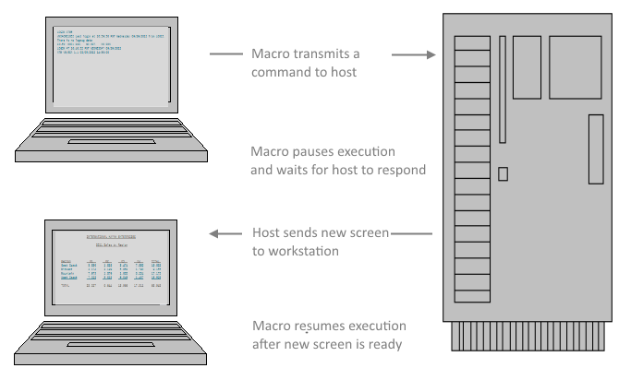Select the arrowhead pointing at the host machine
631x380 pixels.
pyautogui.click(x=431, y=55)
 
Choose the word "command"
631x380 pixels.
pyautogui.click(x=281, y=72)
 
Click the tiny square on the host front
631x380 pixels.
pyautogui.click(x=503, y=173)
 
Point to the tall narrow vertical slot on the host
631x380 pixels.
pyautogui.click(x=502, y=89)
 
